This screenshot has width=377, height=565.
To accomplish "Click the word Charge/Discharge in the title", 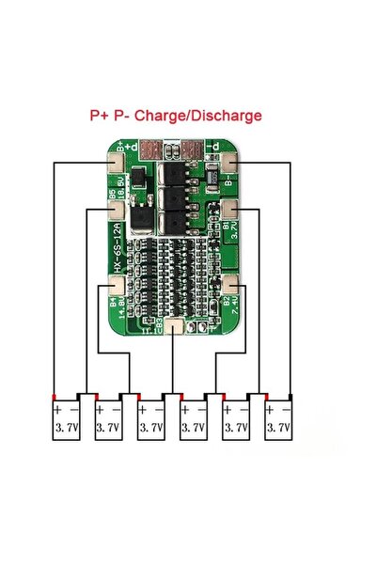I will (x=198, y=116).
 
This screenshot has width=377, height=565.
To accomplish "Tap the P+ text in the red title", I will (x=100, y=116).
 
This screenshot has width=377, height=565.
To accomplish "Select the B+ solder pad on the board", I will (x=117, y=159).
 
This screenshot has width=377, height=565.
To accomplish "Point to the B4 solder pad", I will (x=115, y=283).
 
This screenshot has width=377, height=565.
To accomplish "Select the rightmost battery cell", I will (x=277, y=420).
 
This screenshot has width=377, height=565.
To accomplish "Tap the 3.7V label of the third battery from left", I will (x=151, y=428).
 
